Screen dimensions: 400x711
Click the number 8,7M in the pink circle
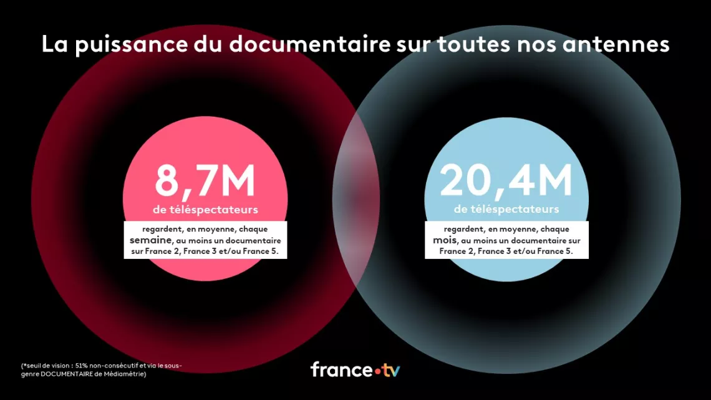tap(205, 181)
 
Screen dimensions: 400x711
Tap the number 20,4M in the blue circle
tap(506, 181)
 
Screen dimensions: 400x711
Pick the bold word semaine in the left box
tap(150, 240)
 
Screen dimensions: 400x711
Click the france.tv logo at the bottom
tap(355, 369)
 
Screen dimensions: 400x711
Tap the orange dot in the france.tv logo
tap(378, 372)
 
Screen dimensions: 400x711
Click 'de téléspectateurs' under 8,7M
tap(205, 210)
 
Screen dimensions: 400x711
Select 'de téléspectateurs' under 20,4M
tap(506, 210)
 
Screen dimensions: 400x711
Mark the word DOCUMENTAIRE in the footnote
tap(69, 374)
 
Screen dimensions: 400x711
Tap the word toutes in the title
tap(490, 44)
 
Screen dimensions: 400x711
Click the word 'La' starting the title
tap(54, 44)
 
